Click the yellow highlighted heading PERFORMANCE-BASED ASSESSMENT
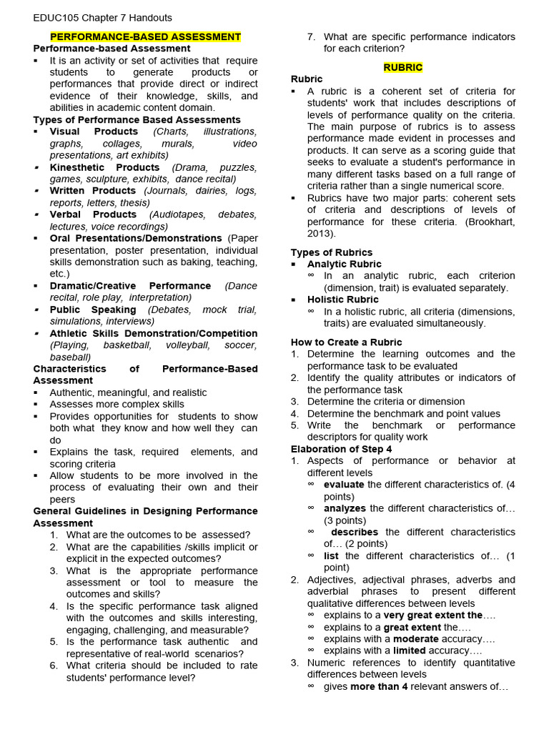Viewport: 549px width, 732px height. [145, 36]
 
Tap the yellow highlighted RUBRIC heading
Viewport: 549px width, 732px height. [402, 67]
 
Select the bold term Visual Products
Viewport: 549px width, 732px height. [94, 132]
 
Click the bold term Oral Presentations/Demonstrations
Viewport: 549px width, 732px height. [136, 238]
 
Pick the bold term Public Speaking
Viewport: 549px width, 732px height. [93, 310]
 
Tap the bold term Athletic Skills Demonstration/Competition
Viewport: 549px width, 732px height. [154, 333]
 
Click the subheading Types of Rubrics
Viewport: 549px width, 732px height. [332, 252]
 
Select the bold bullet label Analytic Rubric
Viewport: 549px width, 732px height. [345, 264]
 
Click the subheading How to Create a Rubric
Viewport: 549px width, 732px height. [347, 342]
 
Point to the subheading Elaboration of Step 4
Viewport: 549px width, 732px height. [341, 449]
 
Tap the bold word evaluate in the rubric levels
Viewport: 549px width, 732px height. [344, 485]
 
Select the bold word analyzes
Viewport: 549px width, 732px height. [345, 508]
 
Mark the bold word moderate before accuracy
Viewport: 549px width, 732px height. [416, 639]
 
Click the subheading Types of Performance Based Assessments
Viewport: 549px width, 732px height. [137, 119]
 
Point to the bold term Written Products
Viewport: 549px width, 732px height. [93, 191]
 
